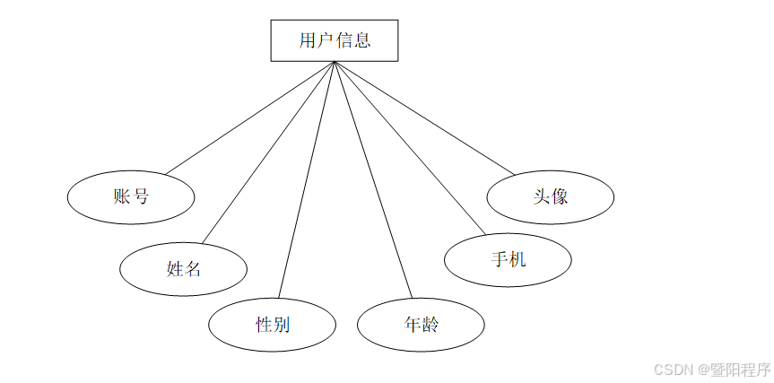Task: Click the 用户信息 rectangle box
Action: coord(335,40)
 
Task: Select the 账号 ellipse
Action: coord(131,196)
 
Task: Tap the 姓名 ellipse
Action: coord(183,267)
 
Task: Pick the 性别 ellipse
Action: coord(273,325)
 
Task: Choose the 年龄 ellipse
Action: coord(421,325)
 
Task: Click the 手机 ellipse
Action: coord(508,260)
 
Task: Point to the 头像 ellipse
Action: coord(550,196)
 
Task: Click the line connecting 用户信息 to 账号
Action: coord(249,118)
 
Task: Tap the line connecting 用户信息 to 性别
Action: coord(307,179)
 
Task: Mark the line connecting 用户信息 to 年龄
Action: coord(373,179)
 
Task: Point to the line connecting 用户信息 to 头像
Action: coord(425,118)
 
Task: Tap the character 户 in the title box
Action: coord(325,40)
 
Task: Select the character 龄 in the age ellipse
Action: coord(430,325)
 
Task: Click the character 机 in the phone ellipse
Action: coord(517,260)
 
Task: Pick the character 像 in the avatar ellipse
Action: coord(560,196)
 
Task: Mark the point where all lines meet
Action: coord(334,62)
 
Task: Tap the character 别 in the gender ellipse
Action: coord(282,325)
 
